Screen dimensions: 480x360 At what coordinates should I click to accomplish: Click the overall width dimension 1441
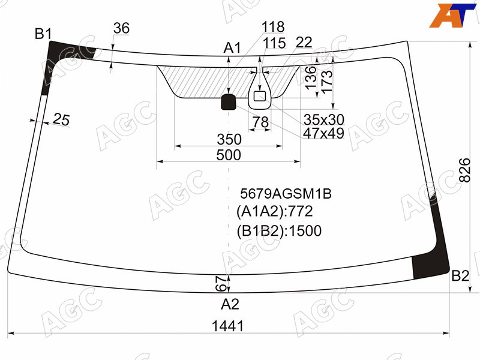tap(228, 326)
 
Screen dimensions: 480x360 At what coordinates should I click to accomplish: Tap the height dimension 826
tap(464, 170)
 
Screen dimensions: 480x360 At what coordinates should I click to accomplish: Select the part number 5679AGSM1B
tap(286, 193)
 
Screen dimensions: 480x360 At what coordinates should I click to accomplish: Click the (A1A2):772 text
tap(275, 211)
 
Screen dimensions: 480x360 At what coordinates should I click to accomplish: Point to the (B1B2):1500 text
tap(279, 231)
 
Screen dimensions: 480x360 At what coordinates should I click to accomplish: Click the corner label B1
tap(43, 34)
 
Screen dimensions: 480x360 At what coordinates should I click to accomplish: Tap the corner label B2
tap(460, 276)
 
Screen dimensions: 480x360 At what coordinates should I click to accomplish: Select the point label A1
tap(232, 48)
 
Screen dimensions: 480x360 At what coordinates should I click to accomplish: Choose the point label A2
tap(230, 304)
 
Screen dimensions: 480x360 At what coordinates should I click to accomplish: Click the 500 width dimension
tap(229, 155)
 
